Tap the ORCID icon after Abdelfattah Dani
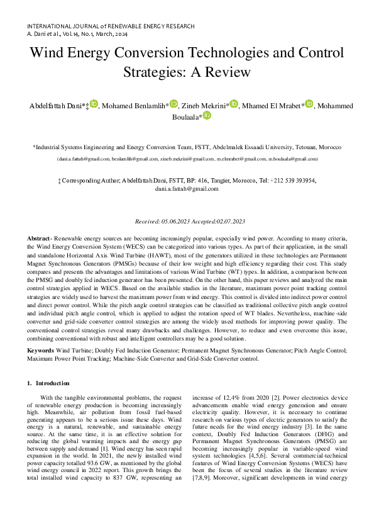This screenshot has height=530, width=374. coord(94,104)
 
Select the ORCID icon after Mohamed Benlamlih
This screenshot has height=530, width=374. coord(174,104)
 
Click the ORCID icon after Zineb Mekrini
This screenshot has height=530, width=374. coord(234,104)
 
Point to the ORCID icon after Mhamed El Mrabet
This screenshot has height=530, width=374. coord(309,104)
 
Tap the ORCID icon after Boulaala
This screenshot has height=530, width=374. coord(207,116)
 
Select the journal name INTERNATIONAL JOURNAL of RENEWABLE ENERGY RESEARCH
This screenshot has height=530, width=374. coord(111,26)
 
